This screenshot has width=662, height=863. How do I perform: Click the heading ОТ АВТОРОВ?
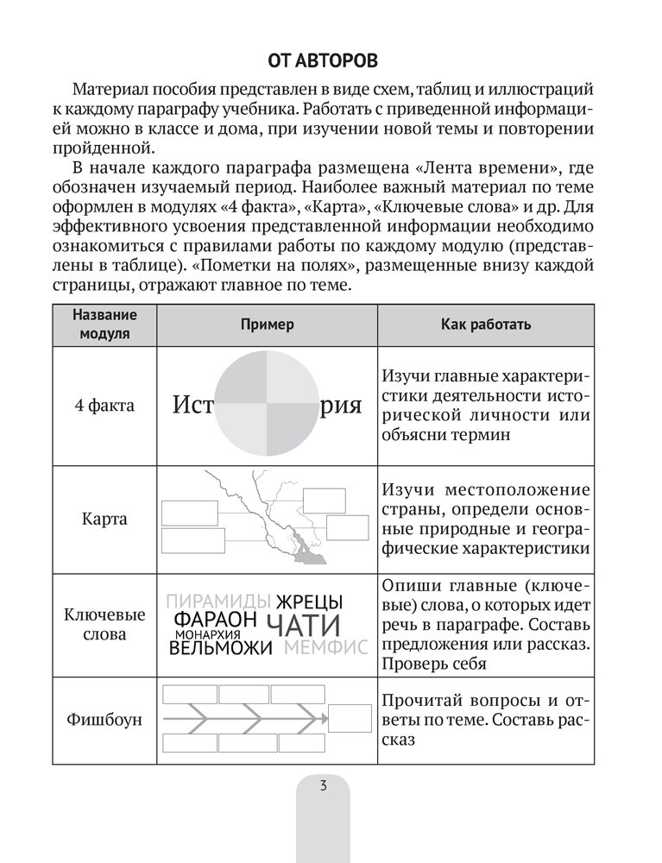[331, 63]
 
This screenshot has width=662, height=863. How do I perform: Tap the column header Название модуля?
[104, 324]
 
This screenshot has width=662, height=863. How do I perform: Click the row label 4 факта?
[104, 406]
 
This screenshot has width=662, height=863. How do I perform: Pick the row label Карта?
[104, 519]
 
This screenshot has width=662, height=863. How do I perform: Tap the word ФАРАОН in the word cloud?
[216, 620]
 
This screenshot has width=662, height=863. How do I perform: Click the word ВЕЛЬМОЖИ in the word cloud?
[222, 647]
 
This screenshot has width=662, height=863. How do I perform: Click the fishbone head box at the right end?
[349, 718]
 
